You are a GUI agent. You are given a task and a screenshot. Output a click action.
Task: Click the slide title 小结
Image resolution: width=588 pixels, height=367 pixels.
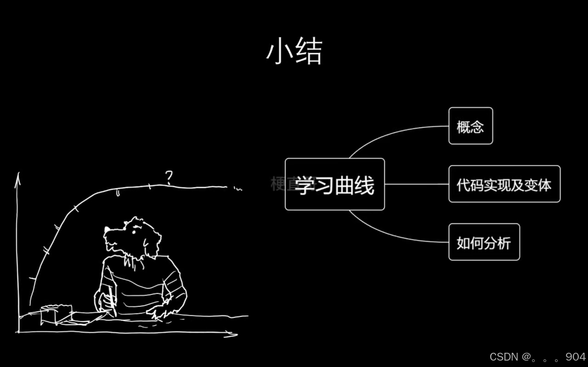294,51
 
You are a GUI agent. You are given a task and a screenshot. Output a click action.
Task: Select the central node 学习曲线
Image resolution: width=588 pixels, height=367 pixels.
334,184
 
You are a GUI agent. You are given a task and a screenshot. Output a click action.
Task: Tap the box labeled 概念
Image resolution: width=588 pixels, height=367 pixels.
470,126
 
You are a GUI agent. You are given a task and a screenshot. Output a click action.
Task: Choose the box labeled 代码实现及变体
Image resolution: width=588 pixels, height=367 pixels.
504,184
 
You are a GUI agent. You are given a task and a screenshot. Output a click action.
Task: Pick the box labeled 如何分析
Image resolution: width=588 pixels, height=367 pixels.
484,242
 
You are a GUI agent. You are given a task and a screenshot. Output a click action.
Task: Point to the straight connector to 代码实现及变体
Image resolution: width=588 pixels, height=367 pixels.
416,184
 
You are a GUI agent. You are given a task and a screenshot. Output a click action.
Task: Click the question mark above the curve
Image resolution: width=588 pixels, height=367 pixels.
170,177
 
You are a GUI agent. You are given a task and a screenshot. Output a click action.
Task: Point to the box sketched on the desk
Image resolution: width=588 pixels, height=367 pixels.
56,314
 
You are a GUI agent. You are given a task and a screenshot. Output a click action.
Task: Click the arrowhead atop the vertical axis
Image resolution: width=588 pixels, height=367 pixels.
18,176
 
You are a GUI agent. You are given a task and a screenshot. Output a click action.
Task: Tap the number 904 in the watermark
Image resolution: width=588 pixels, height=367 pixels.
576,357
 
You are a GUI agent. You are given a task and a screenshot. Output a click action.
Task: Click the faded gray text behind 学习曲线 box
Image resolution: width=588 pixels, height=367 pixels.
277,184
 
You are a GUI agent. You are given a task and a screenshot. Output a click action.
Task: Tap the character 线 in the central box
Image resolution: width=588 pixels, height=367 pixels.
364,185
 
